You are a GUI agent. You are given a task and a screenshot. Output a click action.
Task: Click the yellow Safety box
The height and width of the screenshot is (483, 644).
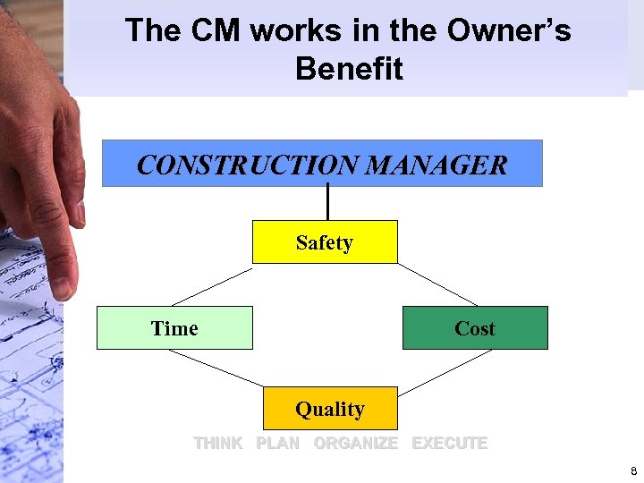click(x=325, y=242)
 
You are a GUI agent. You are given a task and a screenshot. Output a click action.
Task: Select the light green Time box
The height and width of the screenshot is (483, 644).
click(x=174, y=328)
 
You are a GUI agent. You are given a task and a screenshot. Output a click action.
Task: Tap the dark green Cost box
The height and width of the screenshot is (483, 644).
click(x=475, y=328)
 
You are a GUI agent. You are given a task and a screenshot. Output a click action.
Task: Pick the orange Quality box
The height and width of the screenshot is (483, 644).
click(x=330, y=409)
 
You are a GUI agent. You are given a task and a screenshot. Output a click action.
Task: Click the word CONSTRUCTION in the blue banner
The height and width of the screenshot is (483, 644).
click(x=247, y=165)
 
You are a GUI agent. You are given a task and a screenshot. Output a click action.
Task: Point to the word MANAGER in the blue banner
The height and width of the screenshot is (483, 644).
click(x=436, y=165)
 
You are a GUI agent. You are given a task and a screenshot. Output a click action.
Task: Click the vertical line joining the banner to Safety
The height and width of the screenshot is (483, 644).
click(x=328, y=202)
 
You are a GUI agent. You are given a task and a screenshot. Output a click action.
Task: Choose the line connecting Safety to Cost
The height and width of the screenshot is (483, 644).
click(x=437, y=284)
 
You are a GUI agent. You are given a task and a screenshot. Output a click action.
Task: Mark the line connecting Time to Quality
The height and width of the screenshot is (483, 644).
click(x=216, y=368)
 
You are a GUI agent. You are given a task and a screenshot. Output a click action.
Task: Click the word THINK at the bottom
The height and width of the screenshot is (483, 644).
click(x=218, y=443)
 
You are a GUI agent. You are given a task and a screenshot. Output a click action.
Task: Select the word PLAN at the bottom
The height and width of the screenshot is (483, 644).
click(x=277, y=443)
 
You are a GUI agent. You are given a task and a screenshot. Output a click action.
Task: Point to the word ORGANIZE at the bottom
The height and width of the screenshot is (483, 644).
click(x=355, y=443)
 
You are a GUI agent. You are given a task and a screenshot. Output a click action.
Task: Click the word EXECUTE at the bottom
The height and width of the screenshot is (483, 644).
click(x=449, y=443)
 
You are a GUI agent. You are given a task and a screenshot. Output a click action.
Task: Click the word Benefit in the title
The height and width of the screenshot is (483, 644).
click(x=349, y=69)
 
